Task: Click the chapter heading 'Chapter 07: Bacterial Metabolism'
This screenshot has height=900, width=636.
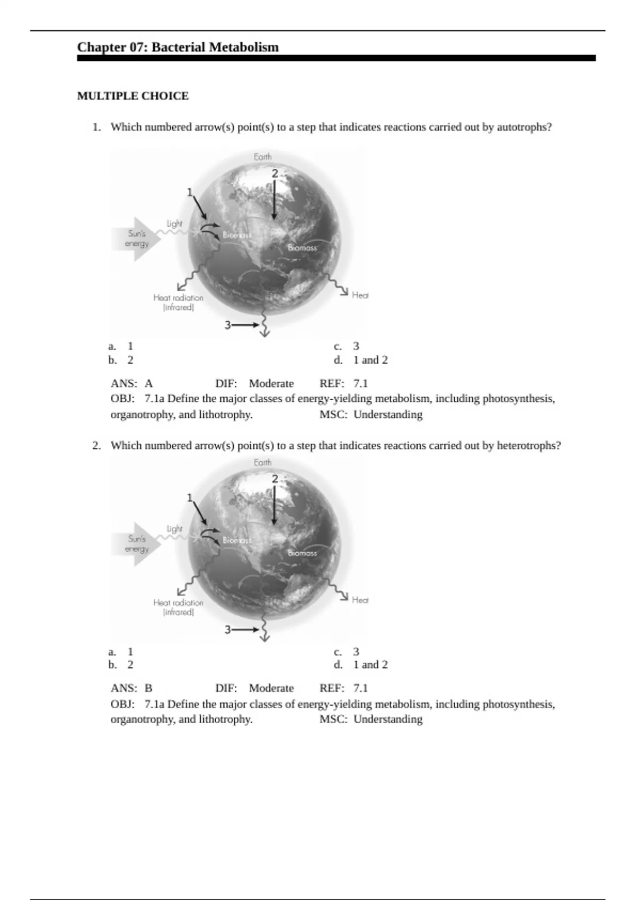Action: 178,47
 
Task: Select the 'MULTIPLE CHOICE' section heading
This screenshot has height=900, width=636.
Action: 132,96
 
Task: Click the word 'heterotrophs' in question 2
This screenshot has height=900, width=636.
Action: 528,445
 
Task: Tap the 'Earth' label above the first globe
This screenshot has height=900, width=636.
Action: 262,157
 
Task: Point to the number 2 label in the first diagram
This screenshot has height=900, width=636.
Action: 275,174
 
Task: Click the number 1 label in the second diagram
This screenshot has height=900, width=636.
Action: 190,498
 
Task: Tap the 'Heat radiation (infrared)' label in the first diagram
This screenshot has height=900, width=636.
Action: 178,302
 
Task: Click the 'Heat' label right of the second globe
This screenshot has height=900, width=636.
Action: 360,600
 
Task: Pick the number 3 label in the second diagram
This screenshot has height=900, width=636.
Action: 227,630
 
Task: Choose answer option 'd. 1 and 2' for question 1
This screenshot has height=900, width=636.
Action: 366,360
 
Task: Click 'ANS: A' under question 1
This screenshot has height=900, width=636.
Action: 131,383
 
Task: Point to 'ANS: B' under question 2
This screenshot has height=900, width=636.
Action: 131,688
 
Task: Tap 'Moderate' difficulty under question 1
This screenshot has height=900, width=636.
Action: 271,383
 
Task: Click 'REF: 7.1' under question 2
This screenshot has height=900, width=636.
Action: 343,688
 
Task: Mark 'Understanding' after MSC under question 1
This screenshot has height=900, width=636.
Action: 387,415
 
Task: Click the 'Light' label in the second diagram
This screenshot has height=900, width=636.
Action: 174,528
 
